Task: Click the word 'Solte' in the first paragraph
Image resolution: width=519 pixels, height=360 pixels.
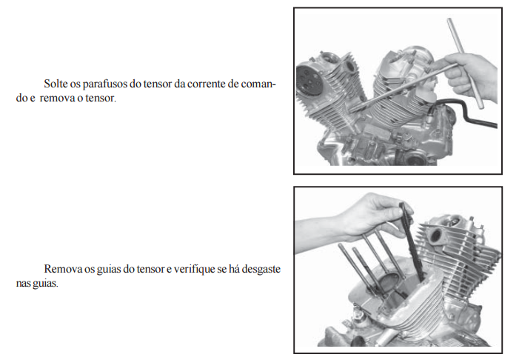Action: (x=56, y=84)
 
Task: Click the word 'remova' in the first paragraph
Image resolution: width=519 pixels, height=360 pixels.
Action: (x=57, y=99)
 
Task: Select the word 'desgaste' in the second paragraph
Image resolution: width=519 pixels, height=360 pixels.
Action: (x=261, y=269)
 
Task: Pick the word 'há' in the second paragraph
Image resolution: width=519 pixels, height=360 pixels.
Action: (x=234, y=269)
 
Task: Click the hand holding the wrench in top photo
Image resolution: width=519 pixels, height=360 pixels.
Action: (x=471, y=77)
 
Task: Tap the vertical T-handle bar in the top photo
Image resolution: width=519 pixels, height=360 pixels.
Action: (x=465, y=63)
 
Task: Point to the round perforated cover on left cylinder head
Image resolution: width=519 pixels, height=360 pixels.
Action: (x=309, y=81)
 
